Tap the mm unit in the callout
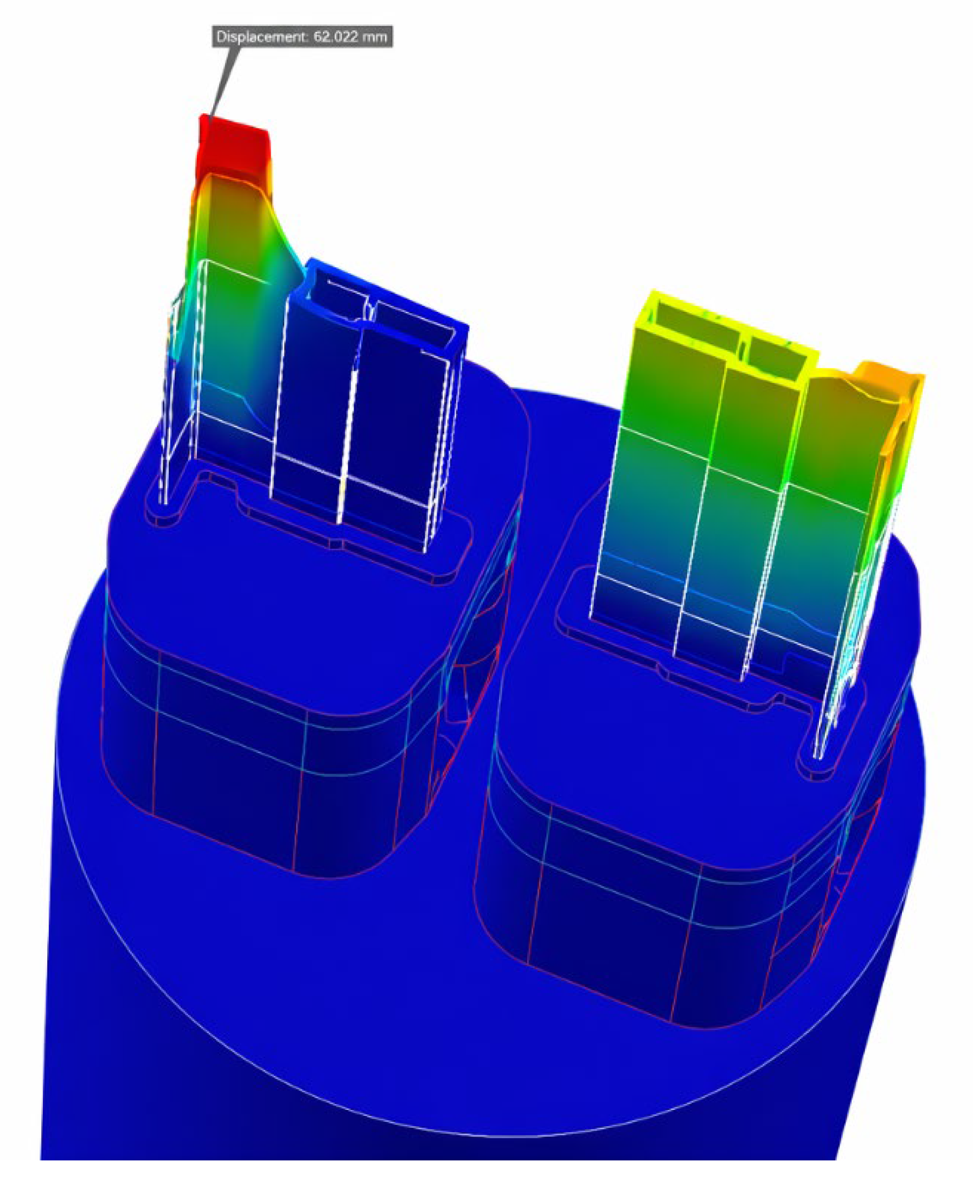pos(375,38)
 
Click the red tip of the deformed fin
pos(233,147)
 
